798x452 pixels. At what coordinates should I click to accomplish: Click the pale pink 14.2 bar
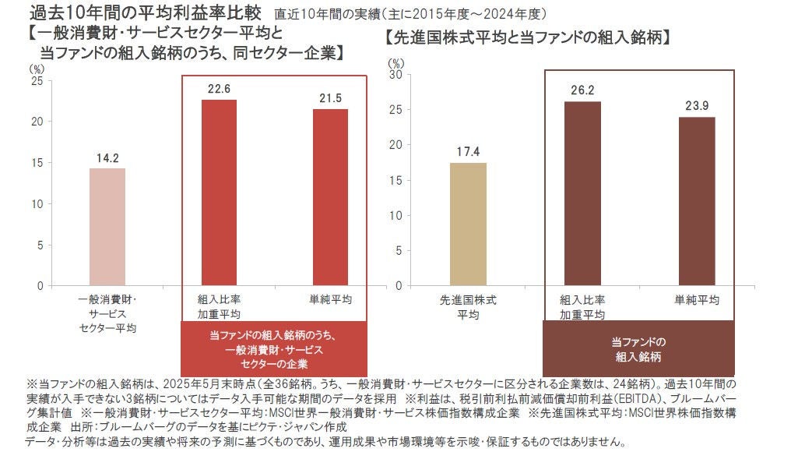coord(107,227)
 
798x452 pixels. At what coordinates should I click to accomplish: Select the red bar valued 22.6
coord(220,192)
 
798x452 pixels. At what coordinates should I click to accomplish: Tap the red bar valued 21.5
coord(330,197)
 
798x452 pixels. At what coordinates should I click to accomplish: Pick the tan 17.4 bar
coord(468,224)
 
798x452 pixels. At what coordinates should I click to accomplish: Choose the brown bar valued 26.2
coord(582,193)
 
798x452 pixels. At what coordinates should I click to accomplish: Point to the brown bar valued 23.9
coord(696,201)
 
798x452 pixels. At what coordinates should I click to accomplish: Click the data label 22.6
coord(220,90)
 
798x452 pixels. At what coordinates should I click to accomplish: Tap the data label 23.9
coord(696,106)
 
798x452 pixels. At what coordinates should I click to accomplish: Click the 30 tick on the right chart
coord(395,75)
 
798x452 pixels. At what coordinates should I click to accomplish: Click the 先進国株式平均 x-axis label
coord(468,307)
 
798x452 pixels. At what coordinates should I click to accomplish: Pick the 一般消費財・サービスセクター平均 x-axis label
coord(108,313)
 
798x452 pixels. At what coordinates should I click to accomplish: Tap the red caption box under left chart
coord(273,348)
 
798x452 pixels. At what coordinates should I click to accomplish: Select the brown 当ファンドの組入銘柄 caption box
coord(638,348)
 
